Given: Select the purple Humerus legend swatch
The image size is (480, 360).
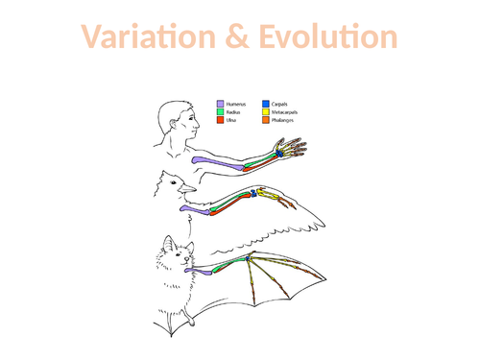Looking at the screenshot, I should pos(221,102).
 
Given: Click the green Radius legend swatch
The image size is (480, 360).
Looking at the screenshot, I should pos(221,110).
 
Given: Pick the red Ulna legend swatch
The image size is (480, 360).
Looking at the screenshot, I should pos(221,120).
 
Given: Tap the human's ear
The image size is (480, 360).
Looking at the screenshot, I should pos(173,114).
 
